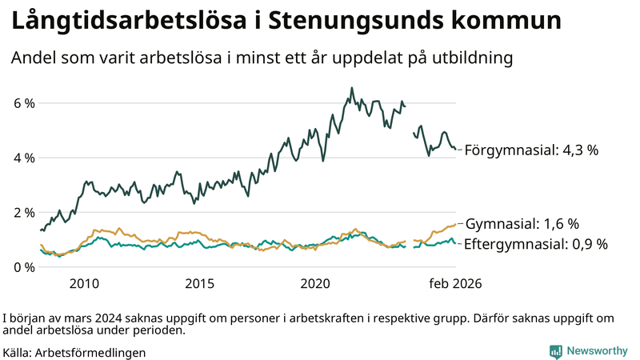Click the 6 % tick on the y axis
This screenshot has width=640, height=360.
point(23,103)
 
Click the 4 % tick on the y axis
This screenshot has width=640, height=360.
point(23,158)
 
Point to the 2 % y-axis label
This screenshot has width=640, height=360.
point(23,212)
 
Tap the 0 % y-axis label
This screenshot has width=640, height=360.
point(23,266)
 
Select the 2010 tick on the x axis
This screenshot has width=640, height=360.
point(84,283)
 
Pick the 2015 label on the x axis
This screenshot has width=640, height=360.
point(200,283)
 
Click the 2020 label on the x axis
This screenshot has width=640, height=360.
point(316,283)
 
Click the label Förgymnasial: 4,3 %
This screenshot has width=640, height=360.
point(531,150)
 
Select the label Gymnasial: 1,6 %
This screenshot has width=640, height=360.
point(522,224)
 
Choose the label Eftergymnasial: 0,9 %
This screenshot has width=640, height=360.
point(535,244)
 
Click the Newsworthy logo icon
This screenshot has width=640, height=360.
point(555,350)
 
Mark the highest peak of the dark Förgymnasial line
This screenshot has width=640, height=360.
point(352,88)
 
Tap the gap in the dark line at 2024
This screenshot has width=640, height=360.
point(410,120)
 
